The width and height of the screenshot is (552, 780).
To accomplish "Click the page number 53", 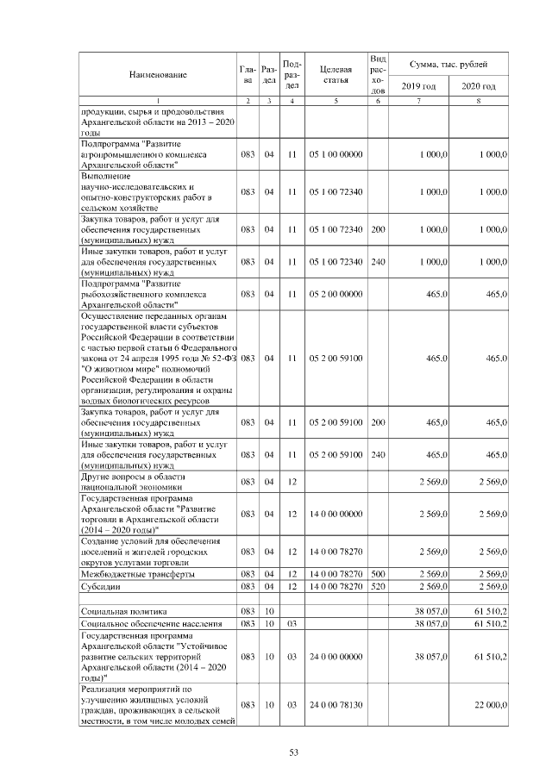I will point(293,752).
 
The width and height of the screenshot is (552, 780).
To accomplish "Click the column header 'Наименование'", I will point(158,75).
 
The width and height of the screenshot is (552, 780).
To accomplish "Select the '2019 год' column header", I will point(418,86).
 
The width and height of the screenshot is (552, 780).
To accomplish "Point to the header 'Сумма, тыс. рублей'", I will point(448,65).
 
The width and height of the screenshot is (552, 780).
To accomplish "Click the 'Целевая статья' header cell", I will point(335,75).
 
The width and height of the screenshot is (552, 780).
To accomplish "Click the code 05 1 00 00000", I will point(335,154).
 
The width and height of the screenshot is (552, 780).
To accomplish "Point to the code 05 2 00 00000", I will point(335,294).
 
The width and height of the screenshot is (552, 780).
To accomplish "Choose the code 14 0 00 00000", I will point(335,514).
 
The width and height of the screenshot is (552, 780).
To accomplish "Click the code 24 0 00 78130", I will point(335,705).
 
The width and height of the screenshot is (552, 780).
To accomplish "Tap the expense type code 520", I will point(377,587).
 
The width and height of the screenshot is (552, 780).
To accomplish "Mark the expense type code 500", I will point(377,573).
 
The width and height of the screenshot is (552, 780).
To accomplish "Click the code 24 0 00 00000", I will point(335,656).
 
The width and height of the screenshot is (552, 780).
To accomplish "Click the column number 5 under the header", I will point(335,102).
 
